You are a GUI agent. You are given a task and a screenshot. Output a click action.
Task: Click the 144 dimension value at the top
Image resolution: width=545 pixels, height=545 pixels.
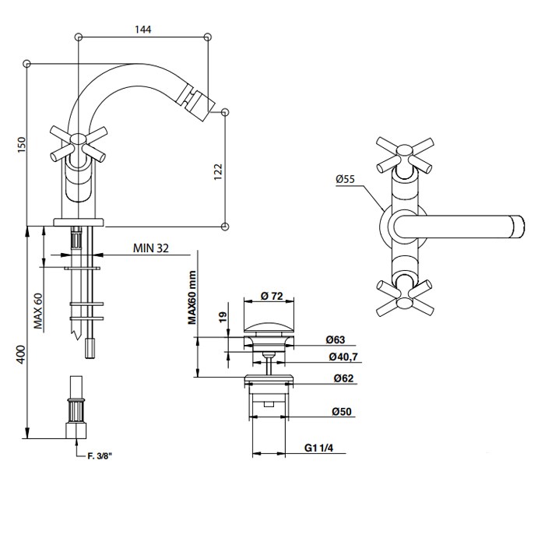(x=142, y=30)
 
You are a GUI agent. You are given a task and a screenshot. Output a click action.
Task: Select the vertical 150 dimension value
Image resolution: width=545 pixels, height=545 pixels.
(x=22, y=145)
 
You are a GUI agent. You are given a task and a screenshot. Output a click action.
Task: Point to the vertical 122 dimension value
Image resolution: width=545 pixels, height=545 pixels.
(x=218, y=171)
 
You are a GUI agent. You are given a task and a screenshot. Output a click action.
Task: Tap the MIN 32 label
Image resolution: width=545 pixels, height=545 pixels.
(x=151, y=248)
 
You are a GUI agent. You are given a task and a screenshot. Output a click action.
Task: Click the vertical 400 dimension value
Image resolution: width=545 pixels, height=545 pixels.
(x=21, y=354)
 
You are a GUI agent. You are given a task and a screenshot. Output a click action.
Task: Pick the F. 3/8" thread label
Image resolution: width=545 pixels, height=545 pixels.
(x=100, y=456)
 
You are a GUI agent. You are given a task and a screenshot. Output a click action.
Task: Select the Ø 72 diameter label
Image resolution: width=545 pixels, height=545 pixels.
(x=272, y=296)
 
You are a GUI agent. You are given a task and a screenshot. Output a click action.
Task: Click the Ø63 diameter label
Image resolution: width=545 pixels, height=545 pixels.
(x=336, y=339)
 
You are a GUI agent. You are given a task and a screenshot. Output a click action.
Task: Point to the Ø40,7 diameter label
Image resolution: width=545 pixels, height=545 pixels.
(x=343, y=357)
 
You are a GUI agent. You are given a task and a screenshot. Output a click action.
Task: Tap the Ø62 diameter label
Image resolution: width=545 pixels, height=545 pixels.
(x=343, y=378)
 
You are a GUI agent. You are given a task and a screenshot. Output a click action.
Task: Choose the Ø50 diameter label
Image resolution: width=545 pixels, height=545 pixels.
(x=342, y=412)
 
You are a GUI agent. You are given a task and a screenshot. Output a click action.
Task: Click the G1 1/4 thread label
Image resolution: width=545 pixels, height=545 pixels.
(x=318, y=448)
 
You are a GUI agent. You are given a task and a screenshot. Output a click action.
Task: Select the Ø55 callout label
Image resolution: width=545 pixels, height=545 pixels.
(x=345, y=179)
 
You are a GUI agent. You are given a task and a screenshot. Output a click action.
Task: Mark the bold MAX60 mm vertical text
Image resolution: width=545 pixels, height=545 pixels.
(x=192, y=297)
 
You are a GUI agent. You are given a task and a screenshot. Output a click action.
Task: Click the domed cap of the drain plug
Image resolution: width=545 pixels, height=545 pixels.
(x=269, y=329)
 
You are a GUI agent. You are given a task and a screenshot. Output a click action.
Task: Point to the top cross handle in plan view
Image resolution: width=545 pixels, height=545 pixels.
(x=406, y=155)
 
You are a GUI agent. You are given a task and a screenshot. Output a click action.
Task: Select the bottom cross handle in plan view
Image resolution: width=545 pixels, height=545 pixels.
(x=406, y=298)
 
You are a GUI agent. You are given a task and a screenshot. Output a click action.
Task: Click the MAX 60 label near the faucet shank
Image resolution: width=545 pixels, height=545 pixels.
(x=38, y=311)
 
